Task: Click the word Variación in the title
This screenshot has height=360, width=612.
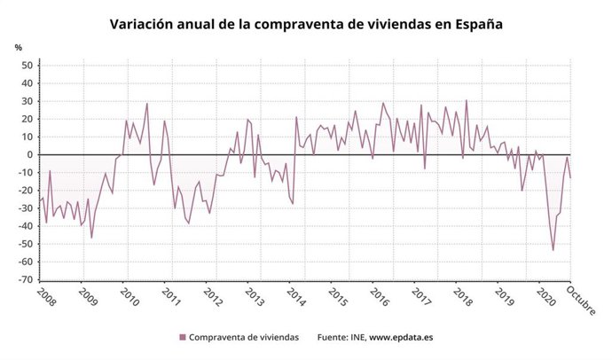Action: click(x=140, y=25)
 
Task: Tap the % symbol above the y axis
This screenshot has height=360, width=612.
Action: click(x=18, y=47)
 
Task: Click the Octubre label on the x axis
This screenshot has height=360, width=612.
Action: click(x=582, y=300)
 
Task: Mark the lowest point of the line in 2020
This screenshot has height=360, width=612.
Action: click(x=553, y=250)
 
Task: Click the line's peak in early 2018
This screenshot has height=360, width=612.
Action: click(x=467, y=100)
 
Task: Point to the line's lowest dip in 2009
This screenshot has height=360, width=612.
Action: click(x=91, y=238)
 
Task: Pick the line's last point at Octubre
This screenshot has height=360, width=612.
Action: click(x=570, y=177)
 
